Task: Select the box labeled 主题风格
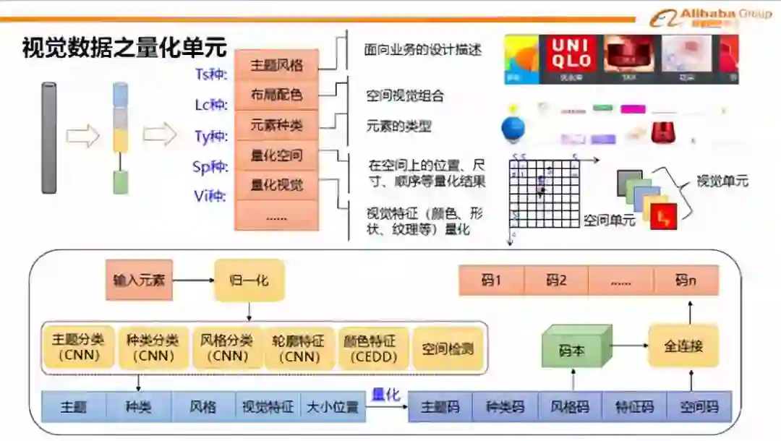276,65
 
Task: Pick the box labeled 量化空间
276,155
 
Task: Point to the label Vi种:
210,196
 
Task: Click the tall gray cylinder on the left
48,138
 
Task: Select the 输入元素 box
139,279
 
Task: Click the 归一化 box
249,279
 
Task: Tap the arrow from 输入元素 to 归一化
193,280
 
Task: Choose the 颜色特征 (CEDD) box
374,348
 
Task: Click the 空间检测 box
448,348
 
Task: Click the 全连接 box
683,346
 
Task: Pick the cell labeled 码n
686,281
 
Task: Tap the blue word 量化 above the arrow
385,395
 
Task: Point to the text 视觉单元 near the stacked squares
722,181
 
